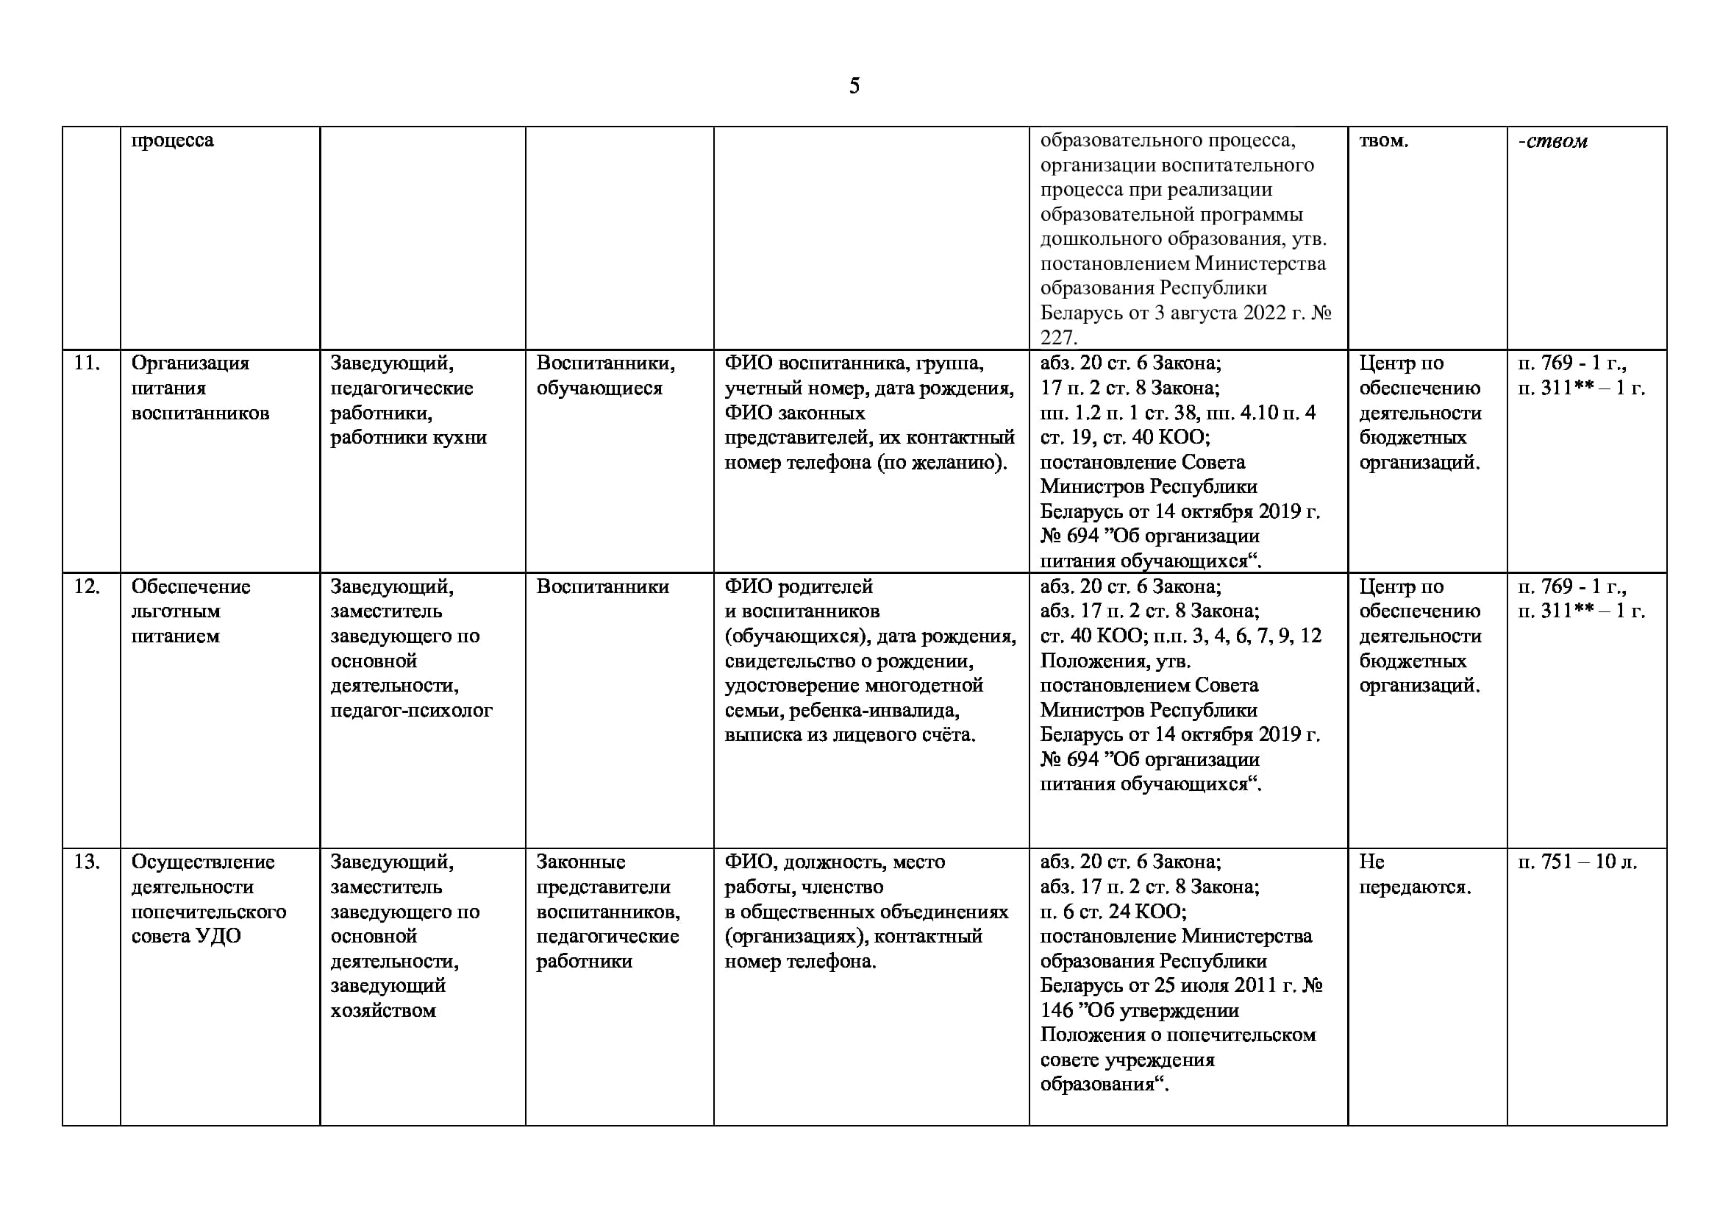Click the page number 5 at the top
(x=854, y=86)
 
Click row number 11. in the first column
(x=87, y=363)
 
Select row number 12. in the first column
(x=87, y=586)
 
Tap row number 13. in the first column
(x=87, y=862)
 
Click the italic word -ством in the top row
(x=1552, y=141)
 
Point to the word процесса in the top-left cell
(x=172, y=140)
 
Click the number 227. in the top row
(x=1058, y=337)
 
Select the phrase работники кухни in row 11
(x=408, y=438)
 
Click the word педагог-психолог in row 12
(x=411, y=711)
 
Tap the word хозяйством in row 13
(x=383, y=1011)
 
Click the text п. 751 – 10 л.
(x=1577, y=862)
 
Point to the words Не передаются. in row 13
(x=1414, y=875)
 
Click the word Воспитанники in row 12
(x=602, y=586)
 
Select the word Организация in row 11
(x=190, y=363)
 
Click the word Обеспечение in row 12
(x=190, y=586)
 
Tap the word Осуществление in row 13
(x=203, y=862)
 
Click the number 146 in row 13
(x=1057, y=1011)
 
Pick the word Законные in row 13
(x=581, y=862)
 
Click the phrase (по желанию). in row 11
(x=941, y=463)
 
